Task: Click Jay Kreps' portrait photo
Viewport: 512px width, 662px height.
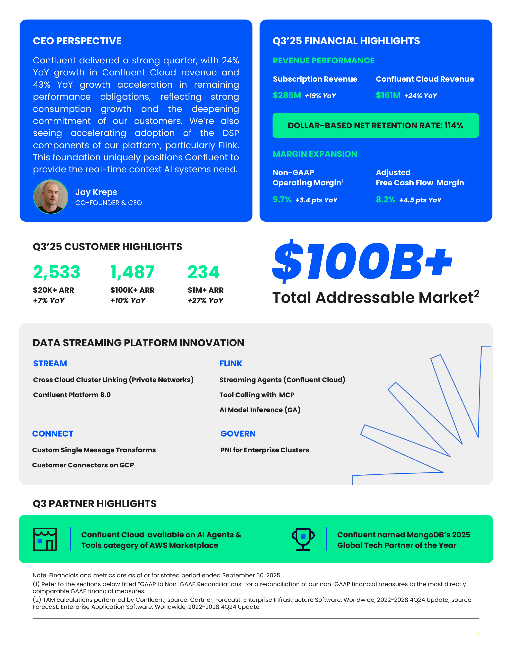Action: tap(51, 197)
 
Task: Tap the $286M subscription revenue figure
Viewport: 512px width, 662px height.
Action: tap(287, 95)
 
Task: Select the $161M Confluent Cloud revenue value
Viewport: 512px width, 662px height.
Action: tap(388, 95)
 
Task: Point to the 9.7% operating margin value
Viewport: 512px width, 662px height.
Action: tap(282, 200)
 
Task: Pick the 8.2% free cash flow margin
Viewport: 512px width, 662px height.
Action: tap(385, 200)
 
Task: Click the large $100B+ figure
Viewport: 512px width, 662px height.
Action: tap(362, 261)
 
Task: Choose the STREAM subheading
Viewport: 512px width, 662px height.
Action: tap(50, 363)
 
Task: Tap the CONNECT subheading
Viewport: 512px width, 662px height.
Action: tap(53, 434)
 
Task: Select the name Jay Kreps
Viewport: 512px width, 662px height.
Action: tap(96, 192)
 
